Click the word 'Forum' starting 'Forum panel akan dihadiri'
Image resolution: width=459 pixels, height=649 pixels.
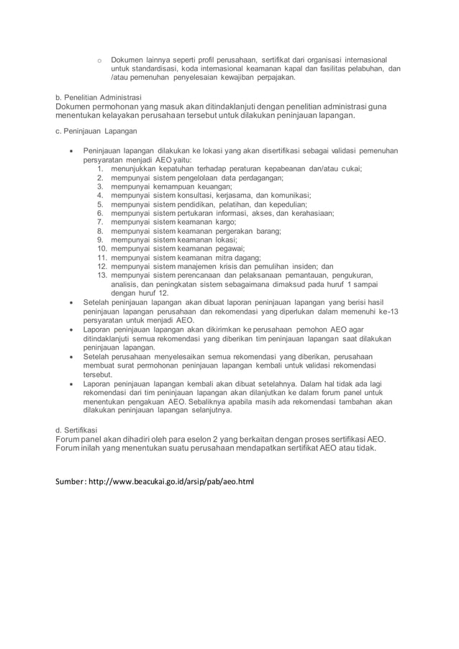point(71,438)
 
